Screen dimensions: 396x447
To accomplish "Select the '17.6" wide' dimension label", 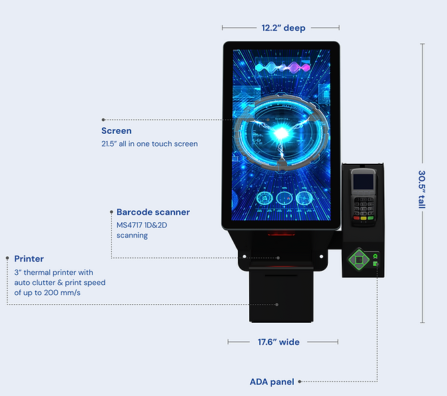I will click(x=278, y=342).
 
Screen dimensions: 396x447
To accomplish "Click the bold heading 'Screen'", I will click(x=117, y=131).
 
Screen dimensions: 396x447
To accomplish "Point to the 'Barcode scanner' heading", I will click(x=153, y=212).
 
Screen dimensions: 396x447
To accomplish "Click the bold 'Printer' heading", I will click(x=29, y=259).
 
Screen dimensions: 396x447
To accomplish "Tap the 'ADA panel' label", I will click(x=272, y=382).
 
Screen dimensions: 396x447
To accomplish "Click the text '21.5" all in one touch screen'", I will click(x=149, y=144).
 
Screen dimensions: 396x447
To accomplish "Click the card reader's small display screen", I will click(x=362, y=179).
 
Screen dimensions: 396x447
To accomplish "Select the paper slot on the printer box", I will click(x=280, y=273).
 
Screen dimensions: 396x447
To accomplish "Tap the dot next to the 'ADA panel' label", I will click(x=300, y=382).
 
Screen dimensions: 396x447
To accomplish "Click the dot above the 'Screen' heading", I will click(x=102, y=120).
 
